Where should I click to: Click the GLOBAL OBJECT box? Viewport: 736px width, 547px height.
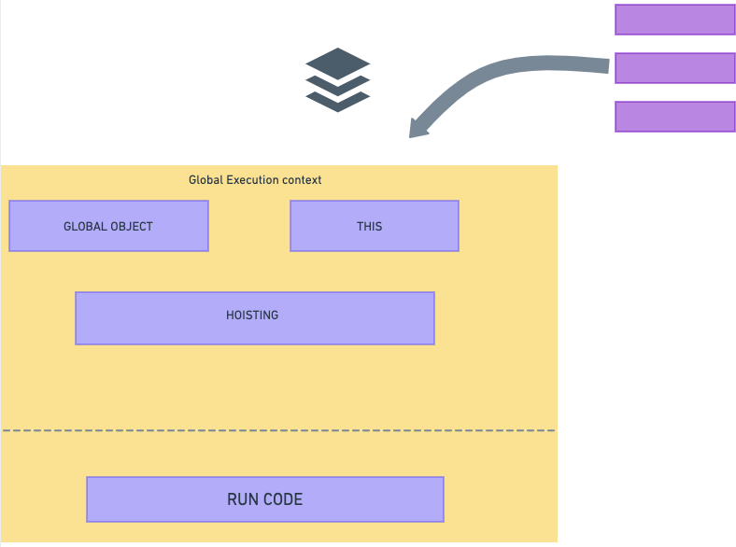108,226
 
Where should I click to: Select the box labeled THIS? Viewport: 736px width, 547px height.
374,226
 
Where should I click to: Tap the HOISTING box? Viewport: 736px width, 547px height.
254,318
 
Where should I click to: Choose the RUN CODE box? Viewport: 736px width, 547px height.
264,499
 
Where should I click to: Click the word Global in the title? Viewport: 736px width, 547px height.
205,179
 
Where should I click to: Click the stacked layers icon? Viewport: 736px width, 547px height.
338,80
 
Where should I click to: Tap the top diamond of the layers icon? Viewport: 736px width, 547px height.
338,63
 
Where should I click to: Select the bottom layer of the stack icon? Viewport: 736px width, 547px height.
338,101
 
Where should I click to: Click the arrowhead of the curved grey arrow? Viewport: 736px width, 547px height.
418,128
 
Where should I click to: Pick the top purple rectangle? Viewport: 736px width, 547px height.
674,19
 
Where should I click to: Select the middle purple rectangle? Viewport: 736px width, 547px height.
674,68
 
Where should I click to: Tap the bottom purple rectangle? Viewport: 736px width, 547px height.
674,117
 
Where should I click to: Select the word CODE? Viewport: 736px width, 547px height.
283,499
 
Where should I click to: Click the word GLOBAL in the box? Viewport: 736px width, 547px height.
84,226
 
